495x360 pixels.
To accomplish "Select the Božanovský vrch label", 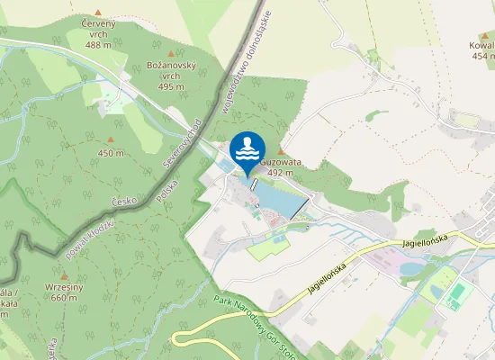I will click(171, 73).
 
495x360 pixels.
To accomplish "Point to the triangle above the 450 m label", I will click(111, 139).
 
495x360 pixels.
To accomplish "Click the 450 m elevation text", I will click(111, 153).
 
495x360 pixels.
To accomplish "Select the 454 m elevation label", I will click(481, 56).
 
